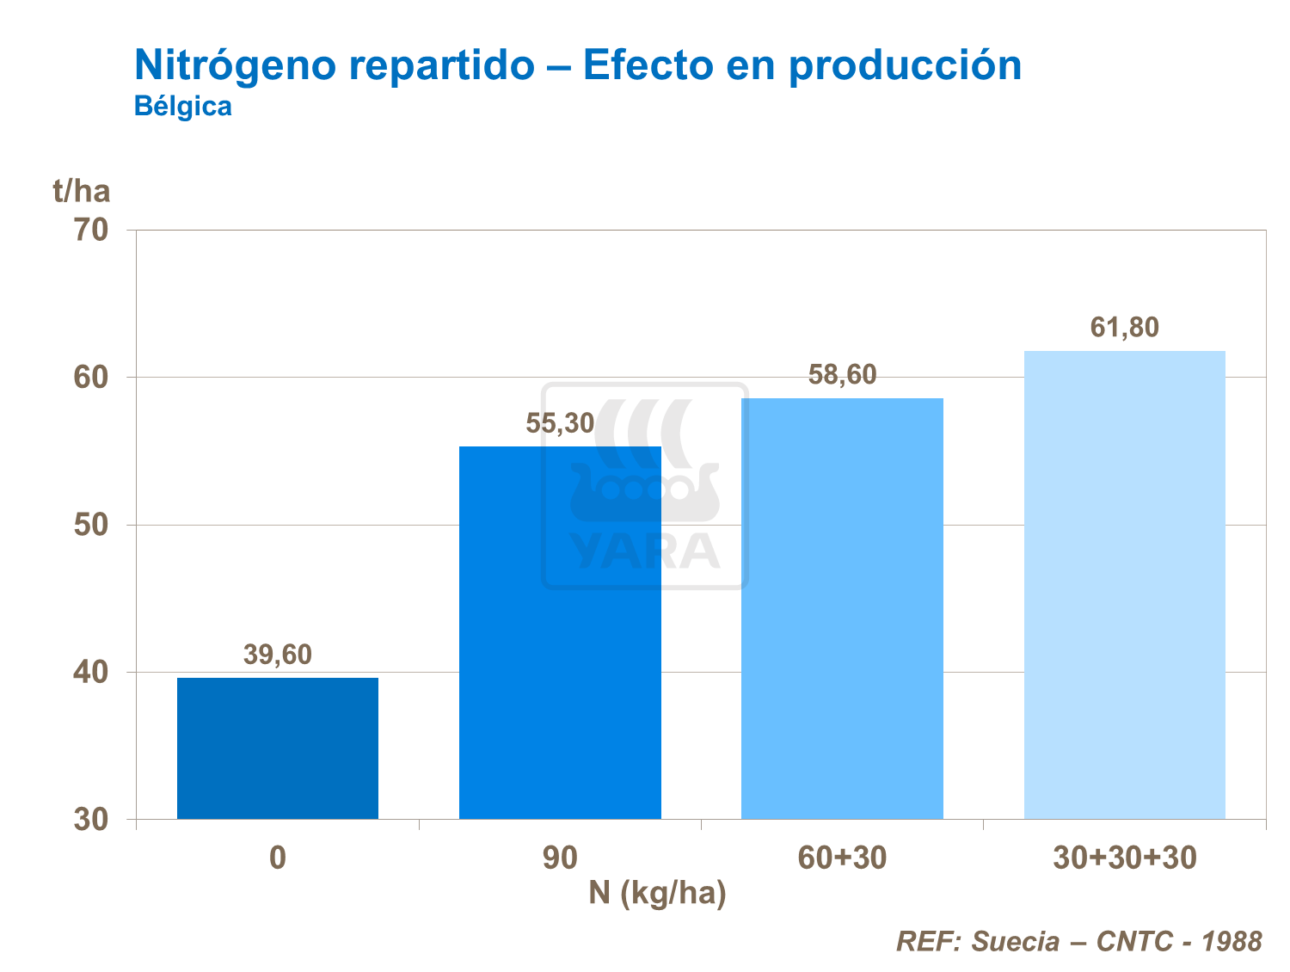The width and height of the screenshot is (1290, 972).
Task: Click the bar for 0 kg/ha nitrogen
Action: pyautogui.click(x=277, y=747)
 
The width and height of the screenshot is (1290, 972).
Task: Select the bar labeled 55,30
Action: pyautogui.click(x=560, y=632)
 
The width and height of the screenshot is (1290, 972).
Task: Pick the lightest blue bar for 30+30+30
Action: pyautogui.click(x=1124, y=584)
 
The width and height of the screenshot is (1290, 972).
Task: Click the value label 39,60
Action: pyautogui.click(x=277, y=655)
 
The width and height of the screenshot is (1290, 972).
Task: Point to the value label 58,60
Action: pyautogui.click(x=842, y=374)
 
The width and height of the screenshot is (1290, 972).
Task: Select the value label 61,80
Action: pyautogui.click(x=1124, y=328)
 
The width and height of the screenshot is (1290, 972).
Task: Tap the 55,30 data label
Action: pyautogui.click(x=560, y=423)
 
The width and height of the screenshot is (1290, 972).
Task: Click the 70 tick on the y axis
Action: pyautogui.click(x=91, y=231)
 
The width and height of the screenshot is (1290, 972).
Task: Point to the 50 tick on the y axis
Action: pyautogui.click(x=91, y=525)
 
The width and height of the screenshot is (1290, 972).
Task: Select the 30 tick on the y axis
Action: pyautogui.click(x=91, y=820)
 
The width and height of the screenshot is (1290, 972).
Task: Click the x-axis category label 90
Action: pyautogui.click(x=560, y=858)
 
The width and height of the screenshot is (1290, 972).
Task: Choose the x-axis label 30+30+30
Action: pyautogui.click(x=1124, y=858)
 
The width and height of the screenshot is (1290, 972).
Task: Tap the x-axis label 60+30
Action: pyautogui.click(x=842, y=858)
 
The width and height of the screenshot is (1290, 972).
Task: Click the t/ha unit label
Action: pyautogui.click(x=82, y=190)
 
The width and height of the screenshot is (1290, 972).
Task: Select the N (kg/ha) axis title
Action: pyautogui.click(x=657, y=893)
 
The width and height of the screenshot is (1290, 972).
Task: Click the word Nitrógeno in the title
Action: pyautogui.click(x=236, y=65)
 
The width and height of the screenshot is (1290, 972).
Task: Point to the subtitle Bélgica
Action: pyautogui.click(x=183, y=106)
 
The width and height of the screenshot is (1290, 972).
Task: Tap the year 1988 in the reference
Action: pyautogui.click(x=1232, y=941)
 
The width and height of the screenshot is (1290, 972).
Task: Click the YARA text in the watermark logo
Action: pyautogui.click(x=644, y=551)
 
